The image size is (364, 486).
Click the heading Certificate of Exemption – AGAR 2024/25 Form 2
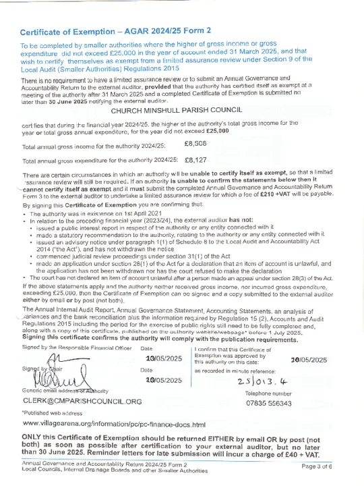pyautogui.click(x=115, y=32)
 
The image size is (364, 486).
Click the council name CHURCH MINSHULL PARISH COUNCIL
pyautogui.click(x=182, y=111)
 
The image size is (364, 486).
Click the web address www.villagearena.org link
pyautogui.click(x=113, y=425)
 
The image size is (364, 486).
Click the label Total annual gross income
pyautogui.click(x=94, y=146)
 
